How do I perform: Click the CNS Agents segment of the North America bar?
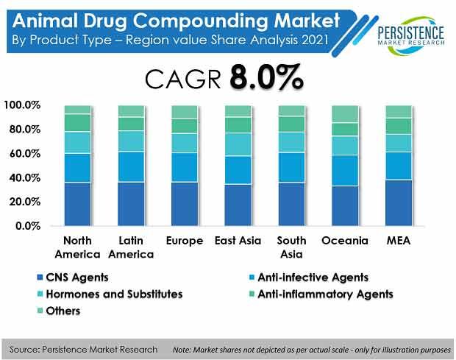coord(78,204)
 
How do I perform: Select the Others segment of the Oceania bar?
coord(345,114)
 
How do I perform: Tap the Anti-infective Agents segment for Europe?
coord(185,168)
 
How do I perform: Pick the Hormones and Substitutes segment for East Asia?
coord(238,144)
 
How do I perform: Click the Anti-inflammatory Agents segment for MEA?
coord(399,127)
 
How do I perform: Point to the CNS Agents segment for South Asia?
coord(292,204)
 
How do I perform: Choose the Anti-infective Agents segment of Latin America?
coord(131,167)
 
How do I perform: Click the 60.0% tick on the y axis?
coord(24,153)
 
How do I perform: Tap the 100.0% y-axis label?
coord(22,105)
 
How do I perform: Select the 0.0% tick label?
coord(28,226)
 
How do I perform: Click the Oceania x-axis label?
coord(345,241)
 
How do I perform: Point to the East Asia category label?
coord(238,241)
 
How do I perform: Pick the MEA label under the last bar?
coord(399,241)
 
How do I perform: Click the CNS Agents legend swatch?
coord(40,277)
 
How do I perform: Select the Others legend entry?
coord(58,311)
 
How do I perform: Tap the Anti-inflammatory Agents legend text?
coord(325,294)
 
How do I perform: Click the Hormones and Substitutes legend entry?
coord(110,294)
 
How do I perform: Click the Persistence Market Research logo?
coord(411,36)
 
